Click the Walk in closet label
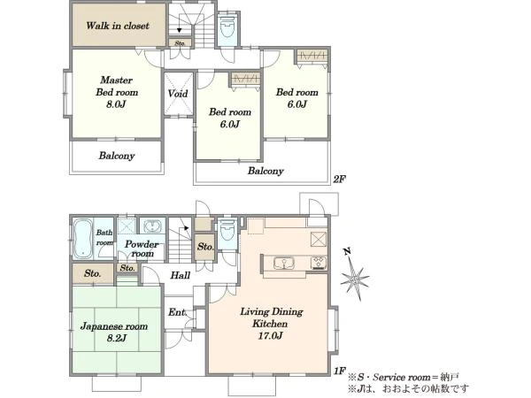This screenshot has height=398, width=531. tap(117, 26)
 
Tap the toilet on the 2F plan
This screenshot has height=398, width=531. tap(227, 27)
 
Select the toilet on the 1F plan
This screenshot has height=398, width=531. tap(227, 232)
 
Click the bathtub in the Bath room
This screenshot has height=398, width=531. tap(82, 239)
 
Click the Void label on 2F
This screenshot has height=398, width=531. tap(178, 94)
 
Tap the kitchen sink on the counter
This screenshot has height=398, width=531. tap(284, 264)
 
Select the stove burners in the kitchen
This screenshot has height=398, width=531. tap(319, 263)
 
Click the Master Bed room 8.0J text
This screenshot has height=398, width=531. tap(117, 92)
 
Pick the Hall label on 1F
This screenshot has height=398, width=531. tap(181, 275)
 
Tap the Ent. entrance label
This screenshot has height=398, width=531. tap(178, 312)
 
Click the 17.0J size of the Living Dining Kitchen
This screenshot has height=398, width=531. tap(270, 336)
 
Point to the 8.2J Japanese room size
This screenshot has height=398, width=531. tap(117, 338)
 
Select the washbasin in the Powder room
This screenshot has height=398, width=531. tap(152, 226)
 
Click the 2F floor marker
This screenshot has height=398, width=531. tap(339, 179)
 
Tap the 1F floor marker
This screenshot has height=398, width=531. tap(340, 371)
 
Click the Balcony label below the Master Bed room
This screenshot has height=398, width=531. tap(117, 156)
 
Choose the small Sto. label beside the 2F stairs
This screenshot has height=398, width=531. tap(180, 43)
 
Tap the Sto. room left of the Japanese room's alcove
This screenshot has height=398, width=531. tap(92, 273)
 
